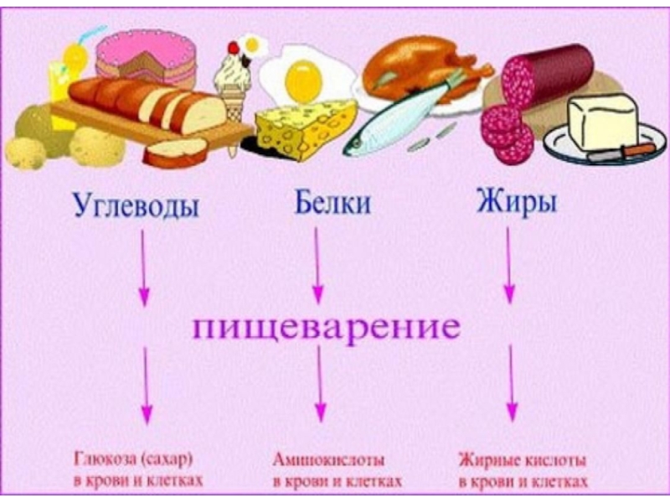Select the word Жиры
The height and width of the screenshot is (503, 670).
point(516,204)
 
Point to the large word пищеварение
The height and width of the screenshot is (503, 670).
point(327,326)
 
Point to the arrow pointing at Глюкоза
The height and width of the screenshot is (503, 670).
point(147,386)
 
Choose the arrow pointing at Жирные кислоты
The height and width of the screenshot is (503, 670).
point(512,386)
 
